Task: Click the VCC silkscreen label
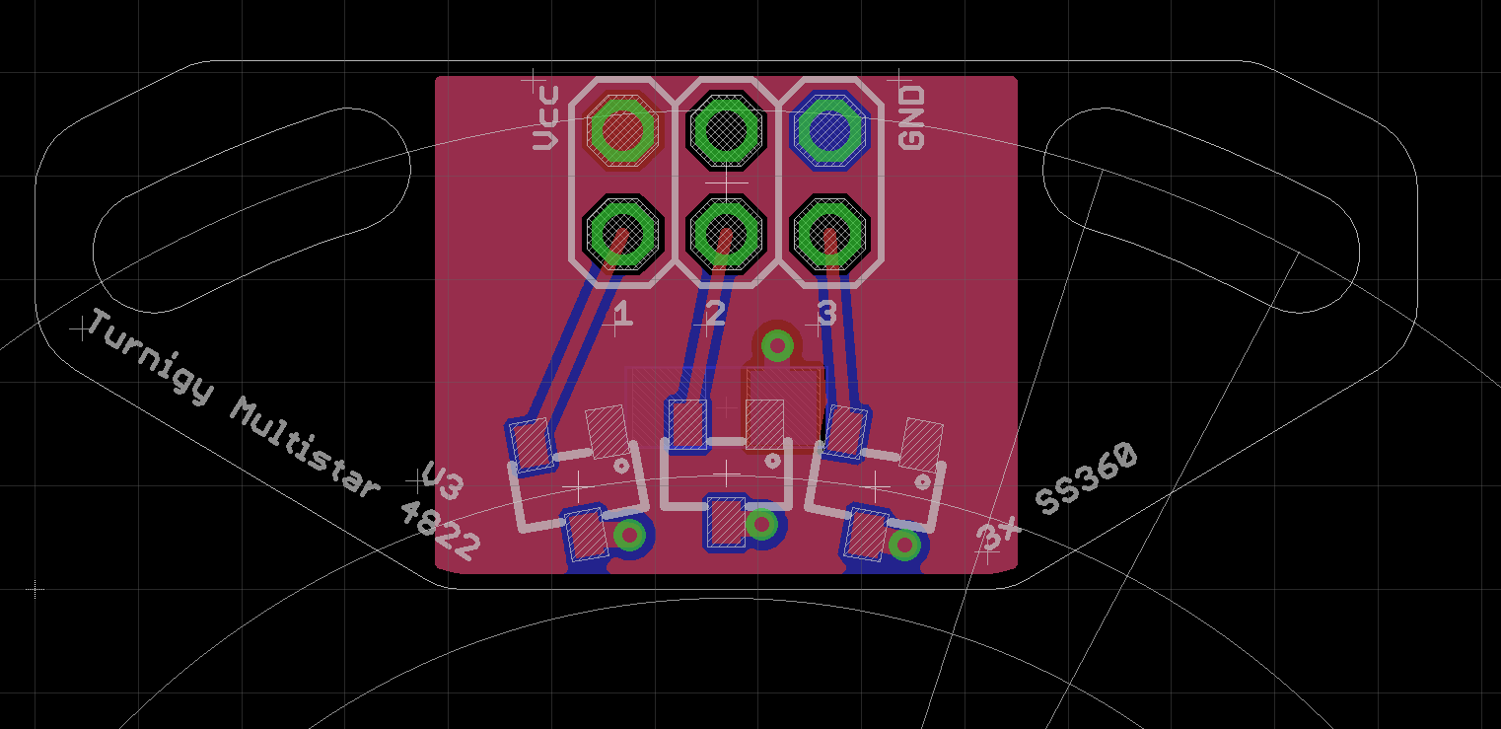545,118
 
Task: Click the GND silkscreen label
912,117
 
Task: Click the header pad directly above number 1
621,234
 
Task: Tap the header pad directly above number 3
830,234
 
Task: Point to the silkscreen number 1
622,315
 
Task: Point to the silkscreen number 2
715,315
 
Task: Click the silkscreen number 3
826,315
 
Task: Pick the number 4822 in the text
441,532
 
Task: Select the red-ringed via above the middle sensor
778,346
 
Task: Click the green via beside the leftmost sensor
629,536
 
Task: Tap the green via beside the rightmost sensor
904,545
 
